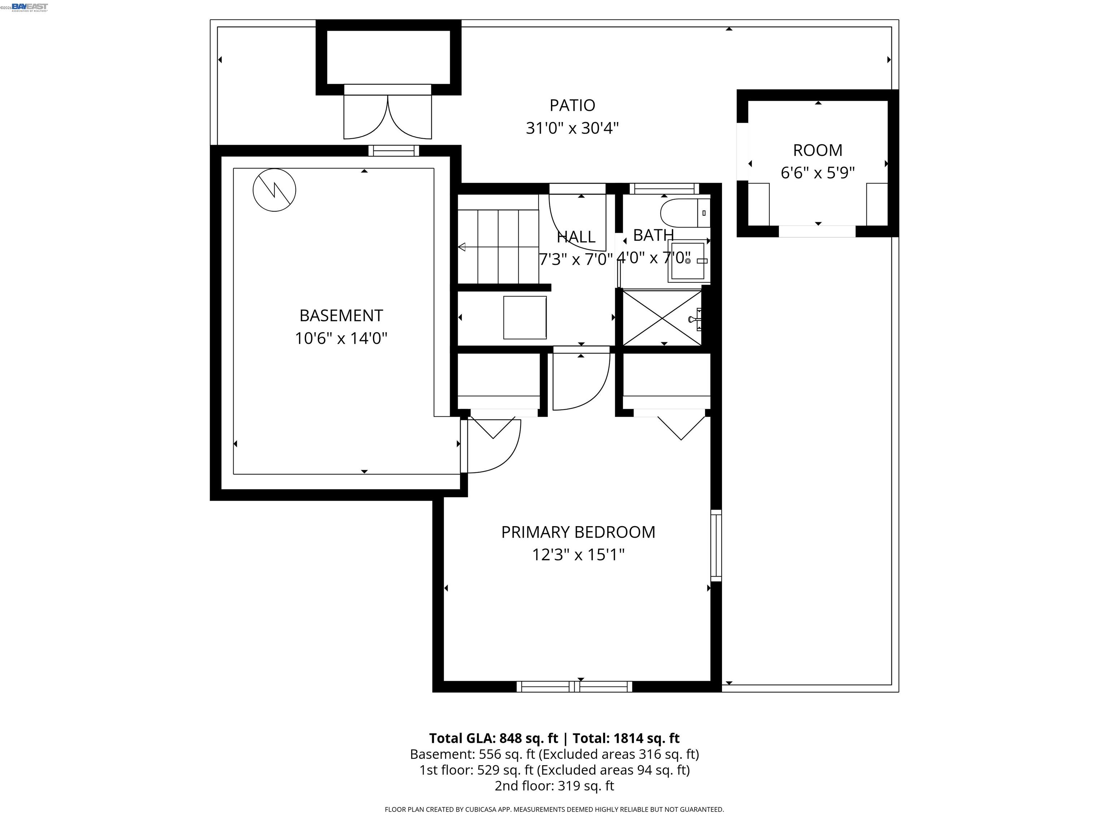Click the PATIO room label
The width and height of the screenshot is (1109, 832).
pos(572,105)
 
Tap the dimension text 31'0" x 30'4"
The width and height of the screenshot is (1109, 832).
pos(572,129)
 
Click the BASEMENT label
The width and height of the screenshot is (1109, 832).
pos(341,316)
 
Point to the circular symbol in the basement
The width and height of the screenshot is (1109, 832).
pos(274,190)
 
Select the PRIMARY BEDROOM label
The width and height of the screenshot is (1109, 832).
pos(578,532)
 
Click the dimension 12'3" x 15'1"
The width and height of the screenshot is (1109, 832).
pos(578,555)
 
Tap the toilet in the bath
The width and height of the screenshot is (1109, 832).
pos(682,213)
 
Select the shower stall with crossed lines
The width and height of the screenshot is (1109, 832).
pos(662,317)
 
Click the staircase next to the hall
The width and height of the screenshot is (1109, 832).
pos(498,246)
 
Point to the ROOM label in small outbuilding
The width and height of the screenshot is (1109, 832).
pos(817,150)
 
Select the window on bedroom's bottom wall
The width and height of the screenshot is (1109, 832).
pos(575,686)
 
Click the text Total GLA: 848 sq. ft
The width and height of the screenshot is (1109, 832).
pos(493,738)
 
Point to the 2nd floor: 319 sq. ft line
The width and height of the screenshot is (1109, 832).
pos(554,786)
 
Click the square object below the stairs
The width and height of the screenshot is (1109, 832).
pos(525,317)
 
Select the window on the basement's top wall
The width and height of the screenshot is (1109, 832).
pos(393,151)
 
